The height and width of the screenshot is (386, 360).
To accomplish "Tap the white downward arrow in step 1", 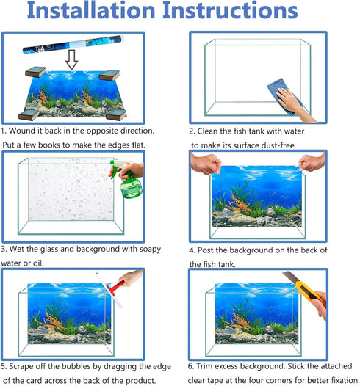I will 71,60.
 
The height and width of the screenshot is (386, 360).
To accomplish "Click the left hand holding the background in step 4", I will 206,163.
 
